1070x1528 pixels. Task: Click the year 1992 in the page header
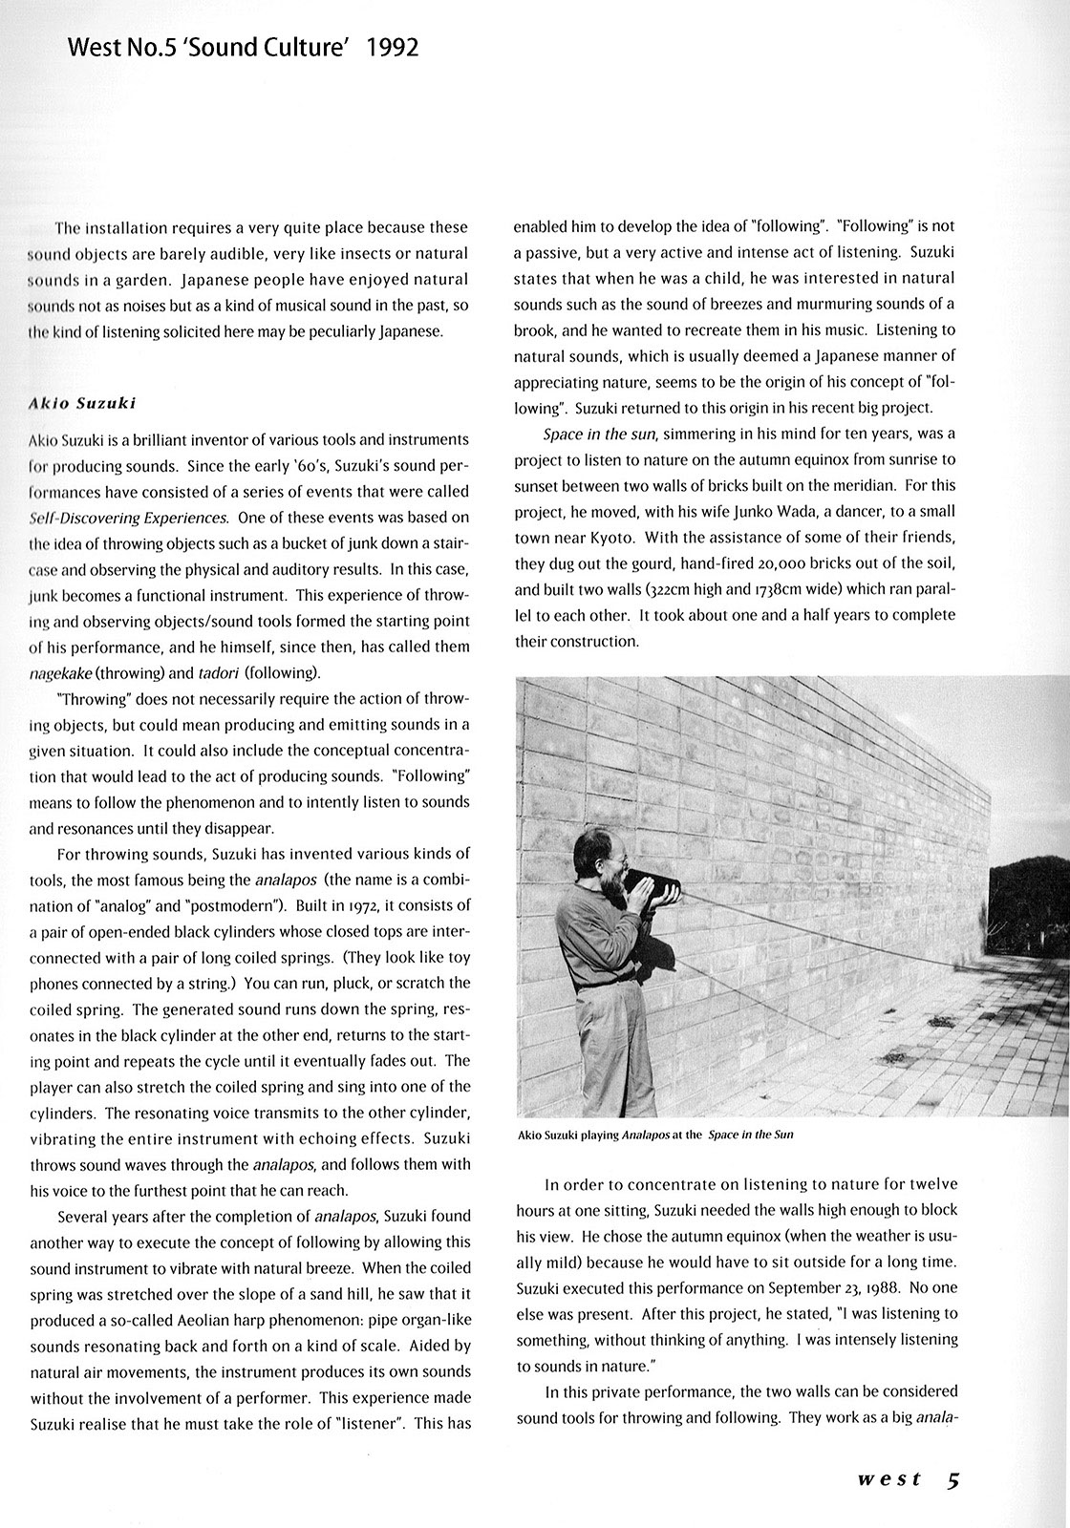tap(393, 48)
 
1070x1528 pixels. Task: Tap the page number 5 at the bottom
tap(953, 1480)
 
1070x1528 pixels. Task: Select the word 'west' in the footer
tap(889, 1480)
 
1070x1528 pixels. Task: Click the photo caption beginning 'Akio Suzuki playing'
tap(654, 1135)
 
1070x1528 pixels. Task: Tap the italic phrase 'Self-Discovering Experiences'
tap(128, 518)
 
